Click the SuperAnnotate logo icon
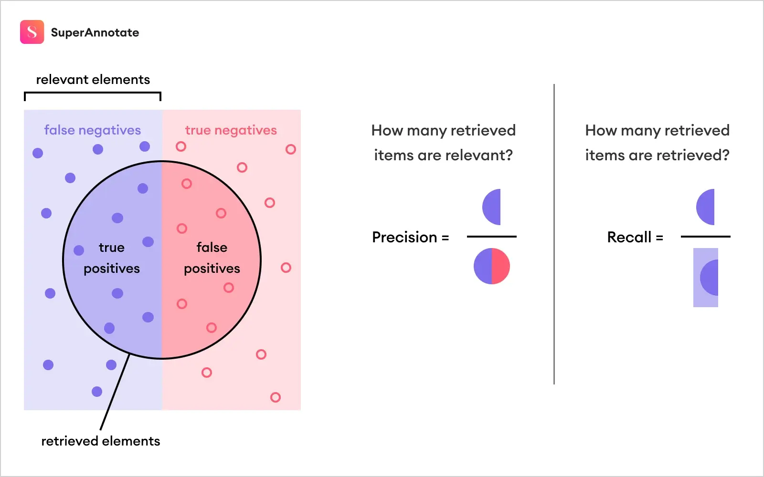tap(32, 32)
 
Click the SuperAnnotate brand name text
tap(95, 32)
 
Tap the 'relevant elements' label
tap(93, 80)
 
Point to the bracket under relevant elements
tap(93, 93)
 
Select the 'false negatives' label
tap(93, 130)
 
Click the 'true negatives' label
tap(231, 130)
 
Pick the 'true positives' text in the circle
tap(112, 258)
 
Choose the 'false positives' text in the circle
tap(212, 258)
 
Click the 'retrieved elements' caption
tap(101, 441)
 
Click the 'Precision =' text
tap(410, 237)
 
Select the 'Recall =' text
tap(635, 237)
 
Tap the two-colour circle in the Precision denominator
tap(492, 266)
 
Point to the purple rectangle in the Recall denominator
tap(705, 278)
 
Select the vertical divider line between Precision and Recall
tap(554, 234)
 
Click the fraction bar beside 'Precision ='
tap(492, 237)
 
